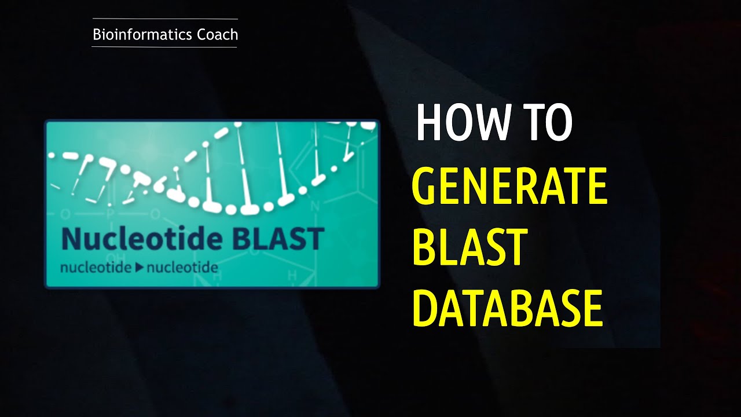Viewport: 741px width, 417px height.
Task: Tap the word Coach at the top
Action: click(x=217, y=35)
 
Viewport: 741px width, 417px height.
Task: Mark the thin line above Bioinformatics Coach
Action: click(x=165, y=19)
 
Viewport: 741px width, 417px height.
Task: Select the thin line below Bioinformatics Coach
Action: click(x=165, y=47)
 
